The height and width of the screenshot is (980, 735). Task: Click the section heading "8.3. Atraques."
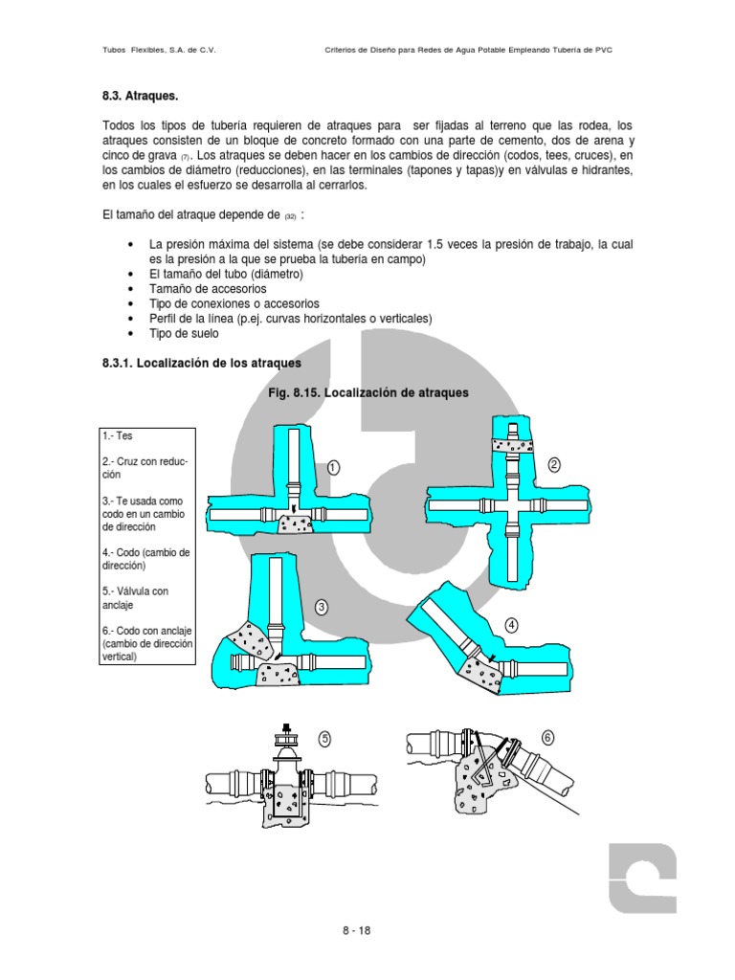[x=140, y=98]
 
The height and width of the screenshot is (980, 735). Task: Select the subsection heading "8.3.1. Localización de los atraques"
[x=201, y=364]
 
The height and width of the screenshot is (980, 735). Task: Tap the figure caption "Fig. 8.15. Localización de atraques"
[x=367, y=392]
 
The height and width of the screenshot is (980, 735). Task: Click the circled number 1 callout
[x=333, y=467]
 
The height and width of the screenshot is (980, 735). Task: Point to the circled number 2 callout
[x=554, y=464]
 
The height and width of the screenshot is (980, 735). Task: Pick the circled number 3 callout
[x=322, y=607]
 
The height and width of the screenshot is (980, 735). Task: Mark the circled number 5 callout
[x=324, y=738]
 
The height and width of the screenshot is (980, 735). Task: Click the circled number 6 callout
[x=547, y=737]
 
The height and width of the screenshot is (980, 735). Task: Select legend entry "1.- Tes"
[x=118, y=435]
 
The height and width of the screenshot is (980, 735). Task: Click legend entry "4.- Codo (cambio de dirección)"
[x=145, y=559]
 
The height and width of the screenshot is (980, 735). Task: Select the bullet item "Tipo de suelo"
[x=184, y=333]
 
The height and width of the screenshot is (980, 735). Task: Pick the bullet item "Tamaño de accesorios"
[x=208, y=288]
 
